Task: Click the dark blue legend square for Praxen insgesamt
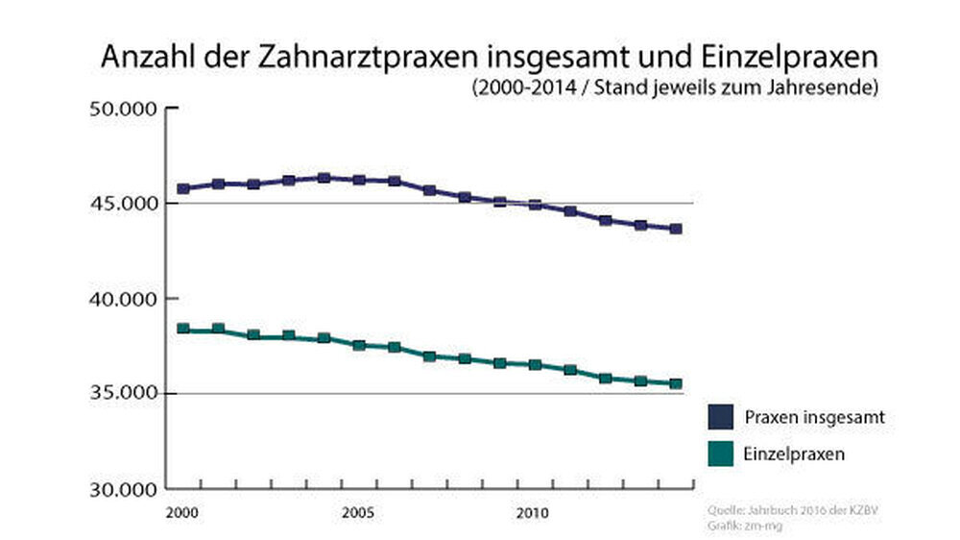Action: point(721,418)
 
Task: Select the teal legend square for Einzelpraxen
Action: point(721,454)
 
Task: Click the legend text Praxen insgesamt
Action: point(814,418)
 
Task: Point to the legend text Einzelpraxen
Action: point(794,454)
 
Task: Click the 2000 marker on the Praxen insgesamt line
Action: point(182,188)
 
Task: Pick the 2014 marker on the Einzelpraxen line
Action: point(676,384)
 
